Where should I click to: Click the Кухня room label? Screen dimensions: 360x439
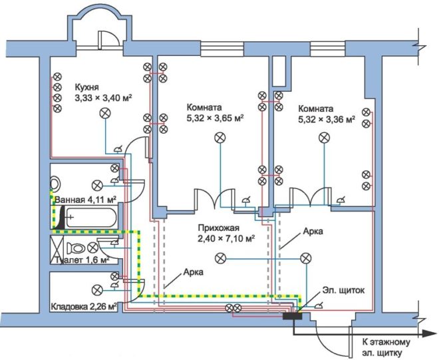pyautogui.click(x=88, y=87)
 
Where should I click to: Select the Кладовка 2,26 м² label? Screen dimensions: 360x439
pyautogui.click(x=84, y=307)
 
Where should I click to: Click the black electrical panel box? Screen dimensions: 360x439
pyautogui.click(x=292, y=314)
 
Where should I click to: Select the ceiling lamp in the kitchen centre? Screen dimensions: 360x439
pyautogui.click(x=104, y=114)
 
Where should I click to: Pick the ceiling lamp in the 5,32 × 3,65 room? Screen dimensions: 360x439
pyautogui.click(x=219, y=138)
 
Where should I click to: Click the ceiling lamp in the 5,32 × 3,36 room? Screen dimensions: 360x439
pyautogui.click(x=324, y=138)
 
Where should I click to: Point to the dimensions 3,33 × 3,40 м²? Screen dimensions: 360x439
pyautogui.click(x=103, y=97)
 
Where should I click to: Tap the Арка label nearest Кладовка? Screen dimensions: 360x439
pyautogui.click(x=194, y=272)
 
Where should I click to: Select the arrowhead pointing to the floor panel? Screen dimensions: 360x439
pyautogui.click(x=424, y=331)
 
